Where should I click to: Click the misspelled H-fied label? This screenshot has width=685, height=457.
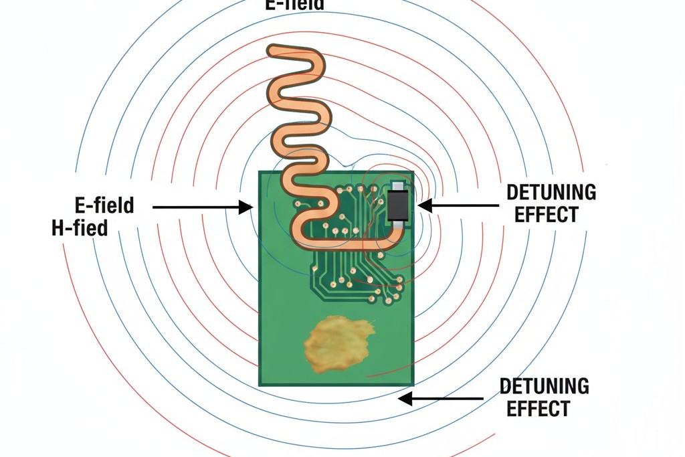80,228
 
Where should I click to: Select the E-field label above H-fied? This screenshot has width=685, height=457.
105,205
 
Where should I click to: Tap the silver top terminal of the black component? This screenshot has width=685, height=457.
399,185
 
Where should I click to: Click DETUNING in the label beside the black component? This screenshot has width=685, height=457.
551,193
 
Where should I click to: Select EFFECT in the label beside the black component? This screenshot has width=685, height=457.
551,215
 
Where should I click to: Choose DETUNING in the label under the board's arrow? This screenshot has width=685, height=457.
545,386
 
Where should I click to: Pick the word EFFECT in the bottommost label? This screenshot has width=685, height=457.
539,408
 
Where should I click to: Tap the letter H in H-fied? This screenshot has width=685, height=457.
58,228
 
